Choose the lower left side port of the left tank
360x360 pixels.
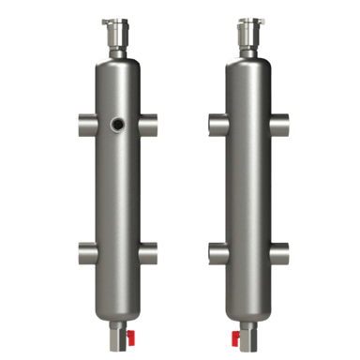84,251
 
